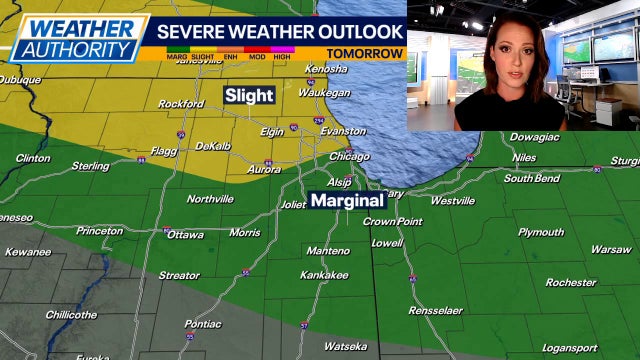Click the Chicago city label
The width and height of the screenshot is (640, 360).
(350, 156)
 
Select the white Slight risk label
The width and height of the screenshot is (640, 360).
(247, 96)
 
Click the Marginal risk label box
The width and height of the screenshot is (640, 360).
(346, 200)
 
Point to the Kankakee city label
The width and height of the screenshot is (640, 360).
(324, 274)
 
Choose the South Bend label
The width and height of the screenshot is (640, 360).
(531, 179)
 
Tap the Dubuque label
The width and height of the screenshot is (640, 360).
(19, 80)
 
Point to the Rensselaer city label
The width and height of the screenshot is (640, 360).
(437, 311)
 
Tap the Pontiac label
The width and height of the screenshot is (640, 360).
(203, 324)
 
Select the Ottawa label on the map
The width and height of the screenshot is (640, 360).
(185, 235)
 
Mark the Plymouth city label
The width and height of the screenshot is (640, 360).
(541, 232)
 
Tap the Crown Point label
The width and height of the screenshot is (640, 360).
(393, 221)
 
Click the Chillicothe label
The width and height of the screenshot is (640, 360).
(71, 314)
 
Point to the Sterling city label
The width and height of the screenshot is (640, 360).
(90, 166)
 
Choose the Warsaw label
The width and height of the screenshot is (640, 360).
(610, 249)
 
